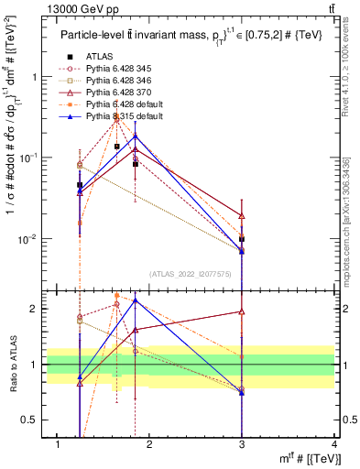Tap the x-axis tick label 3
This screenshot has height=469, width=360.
[x=242, y=444]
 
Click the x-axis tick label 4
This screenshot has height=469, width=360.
[x=334, y=444]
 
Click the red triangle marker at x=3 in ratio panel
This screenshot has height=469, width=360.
[x=242, y=311]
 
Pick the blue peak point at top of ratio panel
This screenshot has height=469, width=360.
[x=136, y=300]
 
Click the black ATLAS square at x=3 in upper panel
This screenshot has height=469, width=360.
[x=242, y=239]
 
